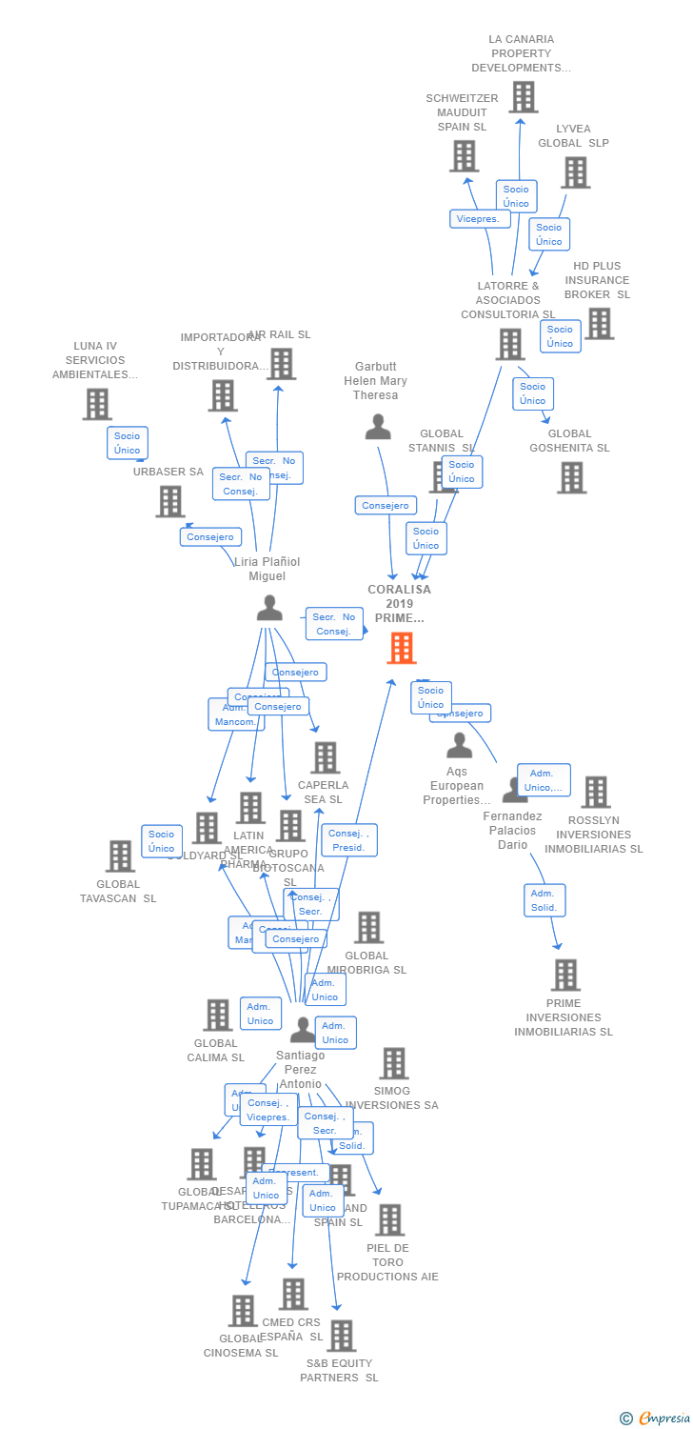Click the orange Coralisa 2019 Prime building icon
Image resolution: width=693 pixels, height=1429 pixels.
point(402,648)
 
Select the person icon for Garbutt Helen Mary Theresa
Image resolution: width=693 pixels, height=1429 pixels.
point(378,427)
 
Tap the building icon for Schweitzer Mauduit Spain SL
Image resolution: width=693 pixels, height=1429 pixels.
point(464,156)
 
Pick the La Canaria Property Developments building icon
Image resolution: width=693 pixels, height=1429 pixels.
point(523,97)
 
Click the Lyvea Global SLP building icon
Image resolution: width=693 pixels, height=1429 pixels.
point(575,172)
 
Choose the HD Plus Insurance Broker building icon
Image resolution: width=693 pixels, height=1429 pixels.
point(599,324)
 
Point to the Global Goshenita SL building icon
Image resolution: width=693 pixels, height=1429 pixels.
point(571,477)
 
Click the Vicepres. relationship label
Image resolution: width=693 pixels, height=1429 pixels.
point(479,218)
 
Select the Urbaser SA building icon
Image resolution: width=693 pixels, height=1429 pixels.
point(170,501)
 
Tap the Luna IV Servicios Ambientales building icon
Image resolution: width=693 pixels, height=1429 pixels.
point(97,404)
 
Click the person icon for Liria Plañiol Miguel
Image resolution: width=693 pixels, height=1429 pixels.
point(269,607)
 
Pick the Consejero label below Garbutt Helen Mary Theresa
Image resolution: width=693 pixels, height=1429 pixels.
point(386,505)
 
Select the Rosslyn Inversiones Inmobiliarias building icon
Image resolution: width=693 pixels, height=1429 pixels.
point(595,792)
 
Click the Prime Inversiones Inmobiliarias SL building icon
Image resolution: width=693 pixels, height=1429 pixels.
point(565,975)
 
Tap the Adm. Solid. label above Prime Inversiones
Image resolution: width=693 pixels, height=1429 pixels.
point(544,900)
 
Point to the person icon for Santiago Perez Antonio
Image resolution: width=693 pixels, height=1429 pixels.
point(302,1030)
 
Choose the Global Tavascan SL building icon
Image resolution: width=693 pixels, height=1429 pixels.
point(120,856)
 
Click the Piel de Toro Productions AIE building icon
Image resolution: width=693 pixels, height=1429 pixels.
point(388,1219)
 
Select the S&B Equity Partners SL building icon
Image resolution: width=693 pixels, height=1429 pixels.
point(341,1336)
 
